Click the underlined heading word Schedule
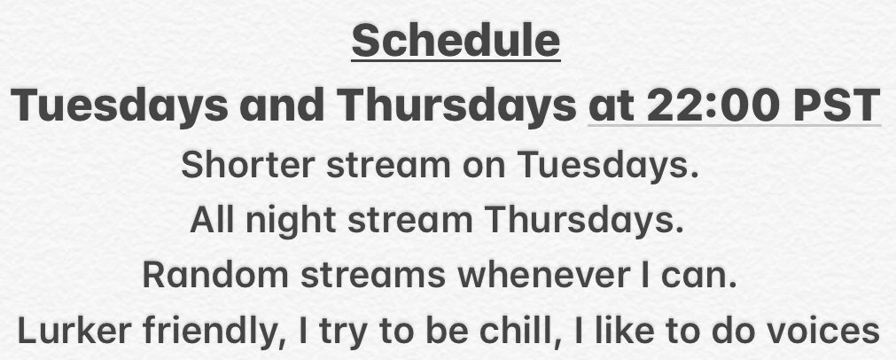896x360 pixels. (x=456, y=41)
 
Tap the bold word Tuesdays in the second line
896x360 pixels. (x=120, y=106)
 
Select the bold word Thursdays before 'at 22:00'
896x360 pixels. (x=456, y=106)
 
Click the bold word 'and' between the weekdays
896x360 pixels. (x=282, y=106)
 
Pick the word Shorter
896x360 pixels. (x=247, y=164)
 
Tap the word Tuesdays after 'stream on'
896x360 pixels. (x=609, y=164)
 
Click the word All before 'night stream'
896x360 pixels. (x=212, y=219)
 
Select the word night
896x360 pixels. (x=291, y=221)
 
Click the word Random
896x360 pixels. (x=215, y=275)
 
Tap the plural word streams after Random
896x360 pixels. (x=373, y=276)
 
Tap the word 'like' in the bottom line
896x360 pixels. (x=616, y=330)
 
